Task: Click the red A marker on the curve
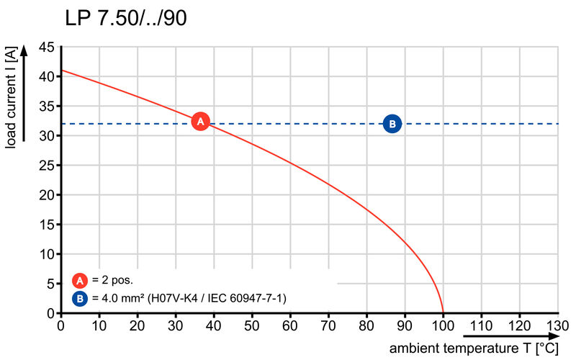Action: point(201,122)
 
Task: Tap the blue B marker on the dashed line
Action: point(392,124)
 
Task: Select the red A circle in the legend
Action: point(79,281)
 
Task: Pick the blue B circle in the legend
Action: point(79,297)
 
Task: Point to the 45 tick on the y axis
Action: point(46,47)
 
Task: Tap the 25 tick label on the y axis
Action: point(46,166)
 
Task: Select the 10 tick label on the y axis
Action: point(46,254)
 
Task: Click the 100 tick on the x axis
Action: point(443,326)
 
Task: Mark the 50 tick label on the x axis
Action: point(252,326)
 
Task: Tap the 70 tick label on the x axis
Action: point(328,326)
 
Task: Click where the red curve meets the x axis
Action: point(443,313)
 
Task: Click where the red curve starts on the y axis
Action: point(62,71)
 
